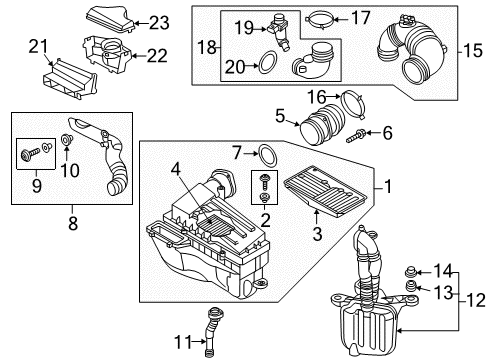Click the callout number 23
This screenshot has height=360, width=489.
click(159, 23)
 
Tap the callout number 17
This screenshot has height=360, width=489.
click(361, 18)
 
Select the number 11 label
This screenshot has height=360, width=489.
click(183, 342)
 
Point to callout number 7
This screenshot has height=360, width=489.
click(237, 153)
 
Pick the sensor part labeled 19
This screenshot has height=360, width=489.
click(279, 32)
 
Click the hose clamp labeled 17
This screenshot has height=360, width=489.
click(319, 20)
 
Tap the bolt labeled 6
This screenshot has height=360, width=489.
click(356, 136)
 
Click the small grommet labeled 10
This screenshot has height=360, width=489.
click(66, 139)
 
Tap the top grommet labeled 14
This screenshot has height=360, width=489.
click(410, 272)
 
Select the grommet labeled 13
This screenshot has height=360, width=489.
click(410, 287)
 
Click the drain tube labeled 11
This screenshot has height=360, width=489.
click(212, 332)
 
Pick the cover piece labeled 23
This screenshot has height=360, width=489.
click(111, 19)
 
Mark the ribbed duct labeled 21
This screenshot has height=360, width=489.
click(69, 79)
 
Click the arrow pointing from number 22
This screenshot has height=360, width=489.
click(139, 56)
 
